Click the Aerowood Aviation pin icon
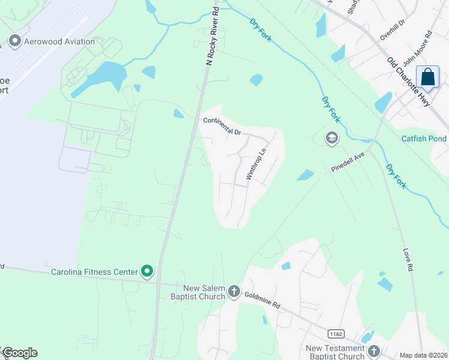(14, 41)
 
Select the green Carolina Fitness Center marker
(146, 272)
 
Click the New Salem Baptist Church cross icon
(234, 292)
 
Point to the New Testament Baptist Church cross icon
(373, 352)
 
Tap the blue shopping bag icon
(427, 78)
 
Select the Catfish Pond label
(424, 139)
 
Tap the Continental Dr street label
(221, 125)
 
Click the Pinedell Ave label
(348, 162)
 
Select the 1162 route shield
(335, 333)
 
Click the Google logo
(19, 353)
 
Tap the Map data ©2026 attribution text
(423, 355)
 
